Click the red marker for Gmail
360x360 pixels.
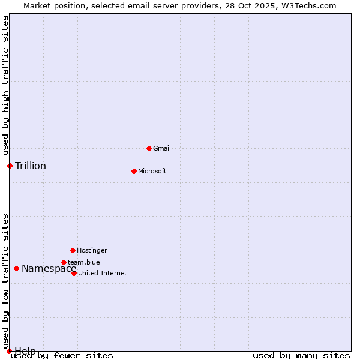pyautogui.click(x=149, y=148)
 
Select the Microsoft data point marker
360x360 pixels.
pyautogui.click(x=134, y=171)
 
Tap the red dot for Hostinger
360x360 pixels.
pyautogui.click(x=73, y=250)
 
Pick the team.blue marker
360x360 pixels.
pyautogui.click(x=64, y=262)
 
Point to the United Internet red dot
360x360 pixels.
pyautogui.click(x=74, y=273)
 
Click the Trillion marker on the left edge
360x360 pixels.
pyautogui.click(x=10, y=166)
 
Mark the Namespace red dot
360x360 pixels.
pyautogui.click(x=16, y=268)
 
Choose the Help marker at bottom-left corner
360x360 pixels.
pyautogui.click(x=9, y=351)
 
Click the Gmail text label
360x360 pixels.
pyautogui.click(x=162, y=148)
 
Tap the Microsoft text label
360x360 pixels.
pyautogui.click(x=152, y=171)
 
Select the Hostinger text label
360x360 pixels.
pyautogui.click(x=92, y=250)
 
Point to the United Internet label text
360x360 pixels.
pyautogui.click(x=103, y=273)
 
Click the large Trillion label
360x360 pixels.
pyautogui.click(x=31, y=166)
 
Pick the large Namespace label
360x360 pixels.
pyautogui.click(x=49, y=268)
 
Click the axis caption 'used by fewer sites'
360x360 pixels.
pyautogui.click(x=62, y=356)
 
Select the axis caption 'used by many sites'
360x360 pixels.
pyautogui.click(x=301, y=356)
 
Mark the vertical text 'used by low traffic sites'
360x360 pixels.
pyautogui.click(x=6, y=281)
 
